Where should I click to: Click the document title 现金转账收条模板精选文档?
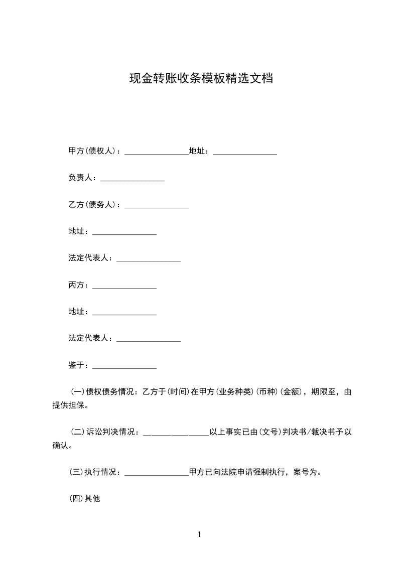coord(201,79)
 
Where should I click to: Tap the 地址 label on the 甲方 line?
coord(199,151)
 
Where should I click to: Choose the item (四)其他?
coord(84,499)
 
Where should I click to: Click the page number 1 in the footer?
coord(199,535)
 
